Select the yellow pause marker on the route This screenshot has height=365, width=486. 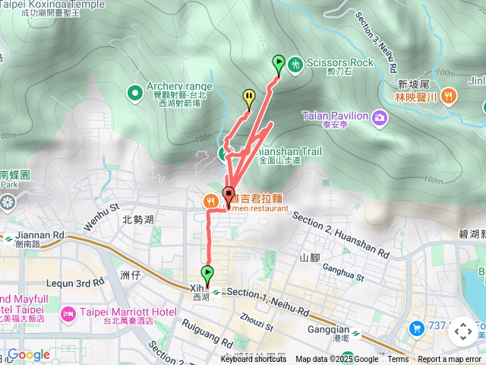(249, 97)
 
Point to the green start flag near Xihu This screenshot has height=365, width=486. (207, 274)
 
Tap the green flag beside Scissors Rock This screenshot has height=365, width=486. (278, 65)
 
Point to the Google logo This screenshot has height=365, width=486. (28, 354)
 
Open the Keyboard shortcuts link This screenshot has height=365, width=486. (254, 360)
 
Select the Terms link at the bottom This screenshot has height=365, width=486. (398, 360)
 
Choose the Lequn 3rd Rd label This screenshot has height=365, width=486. (74, 283)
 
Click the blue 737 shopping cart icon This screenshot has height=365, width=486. (416, 328)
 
